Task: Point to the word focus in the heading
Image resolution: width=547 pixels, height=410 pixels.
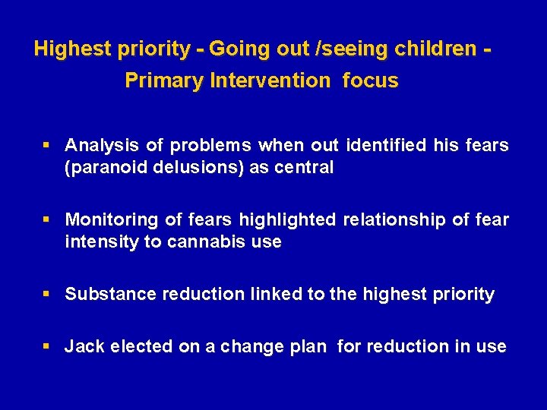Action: point(370,80)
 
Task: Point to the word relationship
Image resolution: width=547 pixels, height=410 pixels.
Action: point(394,219)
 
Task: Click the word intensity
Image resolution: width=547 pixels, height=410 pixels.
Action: point(99,242)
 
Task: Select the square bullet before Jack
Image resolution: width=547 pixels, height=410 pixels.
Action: point(47,346)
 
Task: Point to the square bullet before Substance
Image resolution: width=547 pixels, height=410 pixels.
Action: point(47,294)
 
